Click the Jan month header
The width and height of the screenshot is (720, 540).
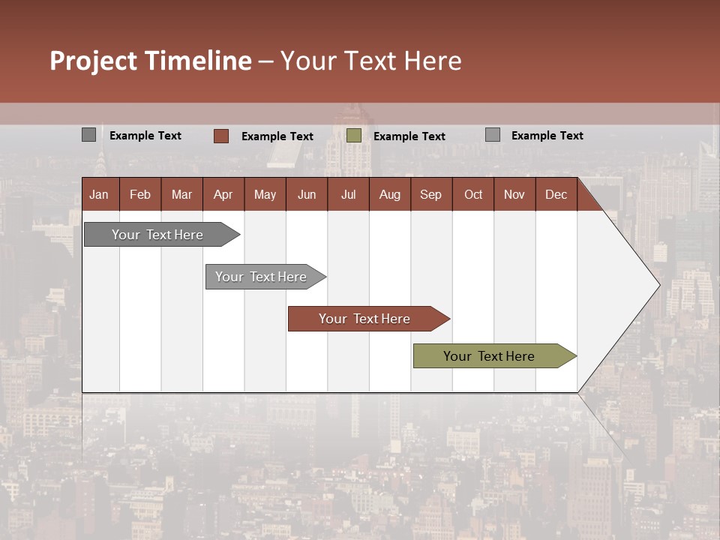100,194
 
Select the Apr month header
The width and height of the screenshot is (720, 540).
223,194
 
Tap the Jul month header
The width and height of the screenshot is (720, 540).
348,194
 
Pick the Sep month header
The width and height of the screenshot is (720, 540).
431,194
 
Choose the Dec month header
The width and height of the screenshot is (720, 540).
556,194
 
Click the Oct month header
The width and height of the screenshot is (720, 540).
473,194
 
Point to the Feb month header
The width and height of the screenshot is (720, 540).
140,194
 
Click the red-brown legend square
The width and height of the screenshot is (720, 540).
220,136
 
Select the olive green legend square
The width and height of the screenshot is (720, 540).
354,136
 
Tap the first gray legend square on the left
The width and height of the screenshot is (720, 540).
88,135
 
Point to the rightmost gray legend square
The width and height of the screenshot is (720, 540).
493,135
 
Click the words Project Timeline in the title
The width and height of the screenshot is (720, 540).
150,61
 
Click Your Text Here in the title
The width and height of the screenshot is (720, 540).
370,61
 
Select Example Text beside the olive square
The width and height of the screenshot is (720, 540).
409,136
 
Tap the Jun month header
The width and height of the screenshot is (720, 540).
307,194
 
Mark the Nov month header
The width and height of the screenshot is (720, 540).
514,194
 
